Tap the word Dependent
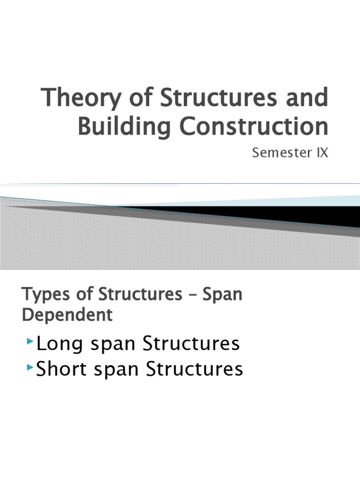coord(67,315)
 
